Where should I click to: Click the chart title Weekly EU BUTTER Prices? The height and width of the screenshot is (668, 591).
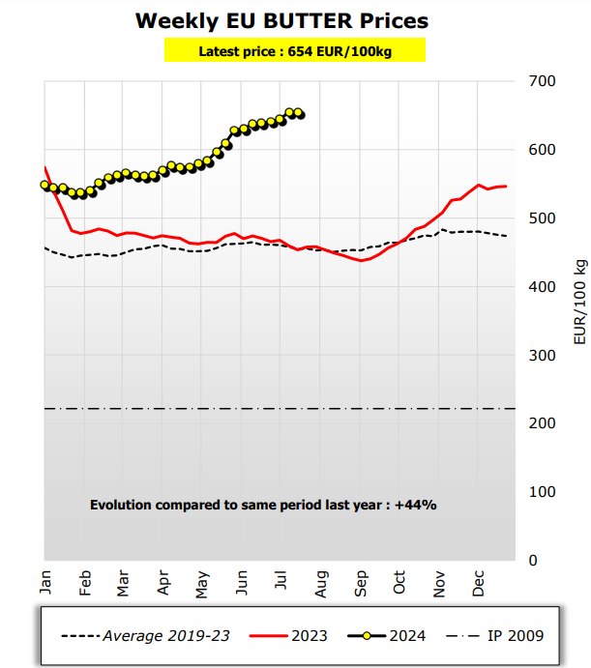(x=281, y=20)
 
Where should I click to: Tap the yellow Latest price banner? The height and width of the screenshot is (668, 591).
(x=294, y=51)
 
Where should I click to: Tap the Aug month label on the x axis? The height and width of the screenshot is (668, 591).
(x=322, y=583)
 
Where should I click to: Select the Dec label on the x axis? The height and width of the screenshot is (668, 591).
(x=479, y=583)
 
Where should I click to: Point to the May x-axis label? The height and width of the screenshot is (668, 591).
(x=203, y=583)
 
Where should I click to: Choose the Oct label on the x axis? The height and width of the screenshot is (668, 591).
(x=400, y=583)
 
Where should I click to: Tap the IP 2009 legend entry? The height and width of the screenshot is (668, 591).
(x=495, y=635)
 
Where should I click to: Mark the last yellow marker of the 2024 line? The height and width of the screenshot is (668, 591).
(x=300, y=114)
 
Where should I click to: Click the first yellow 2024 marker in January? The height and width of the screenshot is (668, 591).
(x=44, y=185)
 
